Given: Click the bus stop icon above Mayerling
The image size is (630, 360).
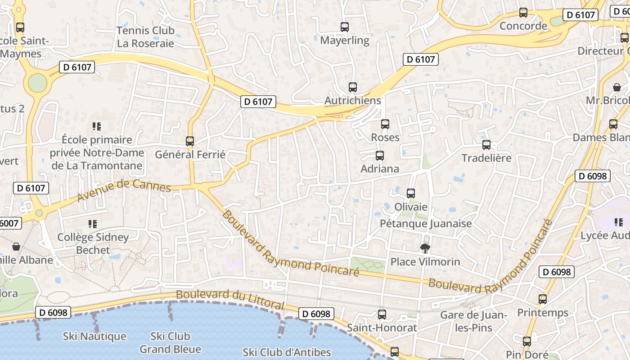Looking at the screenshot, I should pyautogui.click(x=345, y=27).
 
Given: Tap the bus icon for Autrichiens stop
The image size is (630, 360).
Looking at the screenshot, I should pyautogui.click(x=353, y=87).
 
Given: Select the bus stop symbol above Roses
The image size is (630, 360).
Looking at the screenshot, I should pyautogui.click(x=385, y=124).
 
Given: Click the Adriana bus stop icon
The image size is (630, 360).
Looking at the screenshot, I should pyautogui.click(x=380, y=156).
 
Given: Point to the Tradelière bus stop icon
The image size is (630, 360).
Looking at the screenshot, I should pyautogui.click(x=486, y=145).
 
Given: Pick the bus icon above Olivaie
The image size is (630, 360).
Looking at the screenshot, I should pyautogui.click(x=411, y=193).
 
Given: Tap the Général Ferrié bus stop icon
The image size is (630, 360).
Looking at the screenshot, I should pyautogui.click(x=190, y=141).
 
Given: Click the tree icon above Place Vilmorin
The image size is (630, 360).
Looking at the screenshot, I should pyautogui.click(x=425, y=248).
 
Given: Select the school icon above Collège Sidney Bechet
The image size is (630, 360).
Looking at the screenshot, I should pyautogui.click(x=93, y=224).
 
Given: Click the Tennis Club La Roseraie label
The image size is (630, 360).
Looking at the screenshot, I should pyautogui.click(x=145, y=37).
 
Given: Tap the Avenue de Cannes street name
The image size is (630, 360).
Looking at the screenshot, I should pyautogui.click(x=124, y=189).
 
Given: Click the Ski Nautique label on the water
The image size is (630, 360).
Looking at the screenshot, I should pyautogui.click(x=94, y=336).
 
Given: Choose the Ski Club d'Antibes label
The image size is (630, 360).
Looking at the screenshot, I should pyautogui.click(x=287, y=352).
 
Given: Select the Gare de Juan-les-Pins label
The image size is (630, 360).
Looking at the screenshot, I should pyautogui.click(x=474, y=321).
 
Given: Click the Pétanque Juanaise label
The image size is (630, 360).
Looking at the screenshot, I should pyautogui.click(x=426, y=224).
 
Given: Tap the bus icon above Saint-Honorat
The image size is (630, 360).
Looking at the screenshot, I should pyautogui.click(x=382, y=314).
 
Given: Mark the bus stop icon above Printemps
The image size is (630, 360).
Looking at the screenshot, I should pyautogui.click(x=543, y=299).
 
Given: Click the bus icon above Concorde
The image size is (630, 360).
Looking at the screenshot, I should pyautogui.click(x=523, y=13).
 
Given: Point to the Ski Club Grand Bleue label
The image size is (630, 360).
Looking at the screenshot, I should pyautogui.click(x=170, y=342).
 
